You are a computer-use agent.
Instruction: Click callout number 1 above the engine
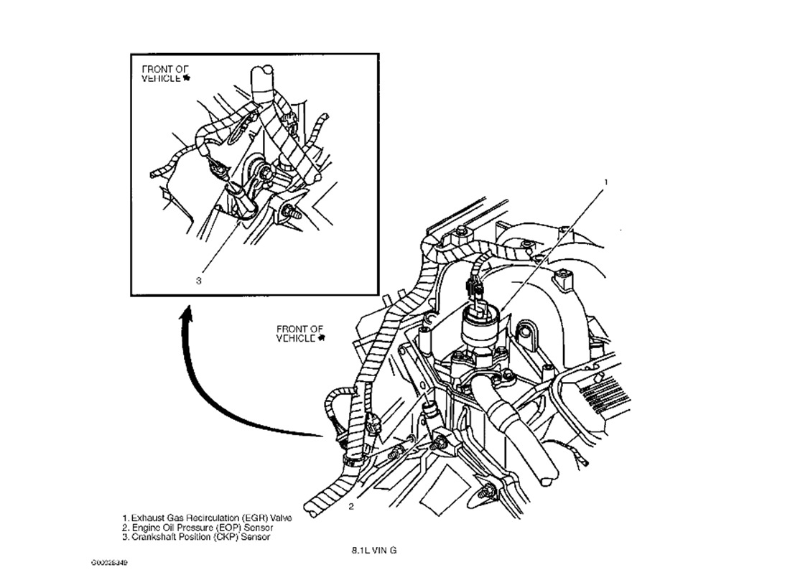605,182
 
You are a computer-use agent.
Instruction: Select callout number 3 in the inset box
199,281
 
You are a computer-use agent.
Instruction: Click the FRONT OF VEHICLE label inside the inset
165,73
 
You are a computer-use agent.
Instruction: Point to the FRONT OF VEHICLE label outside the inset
300,333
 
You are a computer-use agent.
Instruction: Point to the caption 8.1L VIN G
373,551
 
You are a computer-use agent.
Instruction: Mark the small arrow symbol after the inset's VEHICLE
187,78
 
